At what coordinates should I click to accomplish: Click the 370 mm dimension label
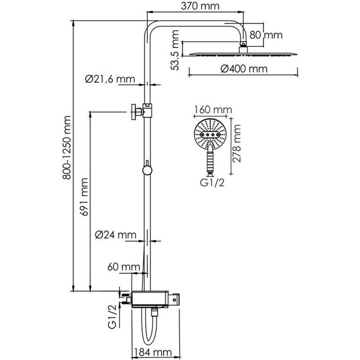(x=200, y=6)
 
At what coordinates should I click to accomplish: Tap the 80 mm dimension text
(x=266, y=35)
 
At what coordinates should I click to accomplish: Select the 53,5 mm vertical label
(x=175, y=51)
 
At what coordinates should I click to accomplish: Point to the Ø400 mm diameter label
(x=244, y=69)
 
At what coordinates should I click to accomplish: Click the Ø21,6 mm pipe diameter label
(x=110, y=79)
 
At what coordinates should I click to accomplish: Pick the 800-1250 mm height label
(x=67, y=148)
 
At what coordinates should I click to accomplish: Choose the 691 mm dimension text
(x=84, y=197)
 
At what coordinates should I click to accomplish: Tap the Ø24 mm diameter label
(x=116, y=235)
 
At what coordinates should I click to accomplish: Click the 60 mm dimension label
(x=124, y=267)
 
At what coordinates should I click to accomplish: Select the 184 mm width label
(x=153, y=352)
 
